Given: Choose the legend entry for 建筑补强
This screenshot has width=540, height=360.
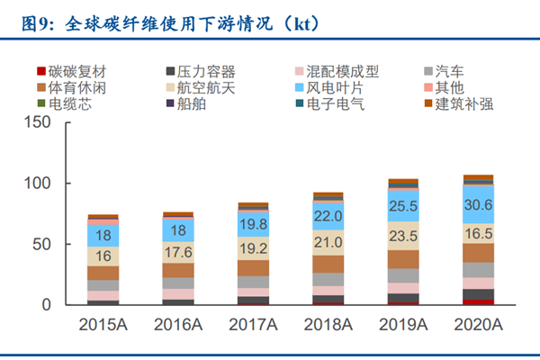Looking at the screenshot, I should [x=464, y=103].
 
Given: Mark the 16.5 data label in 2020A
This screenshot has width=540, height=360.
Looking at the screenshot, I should [x=478, y=233].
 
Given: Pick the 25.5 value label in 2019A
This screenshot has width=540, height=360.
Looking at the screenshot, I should [x=403, y=207].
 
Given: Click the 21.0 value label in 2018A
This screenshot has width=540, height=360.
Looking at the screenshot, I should [x=328, y=241].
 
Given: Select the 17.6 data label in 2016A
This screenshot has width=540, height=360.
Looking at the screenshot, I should [x=178, y=252].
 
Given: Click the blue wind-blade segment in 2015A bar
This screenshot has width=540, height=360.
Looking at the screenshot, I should [x=103, y=235].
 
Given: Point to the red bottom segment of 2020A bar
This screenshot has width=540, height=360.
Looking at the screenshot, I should [x=478, y=301].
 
